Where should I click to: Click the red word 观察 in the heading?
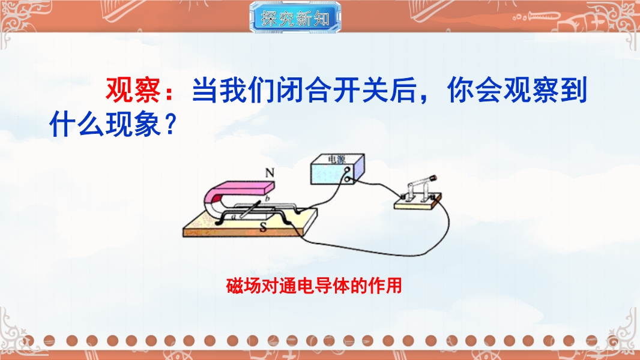133,89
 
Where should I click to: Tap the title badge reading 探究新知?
295,17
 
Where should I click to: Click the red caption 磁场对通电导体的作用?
314,286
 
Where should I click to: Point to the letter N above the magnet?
270,173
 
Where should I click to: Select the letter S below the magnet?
264,227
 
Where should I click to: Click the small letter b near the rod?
268,199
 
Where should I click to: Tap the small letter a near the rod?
234,217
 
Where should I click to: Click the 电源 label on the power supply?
336,159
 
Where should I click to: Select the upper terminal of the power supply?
348,170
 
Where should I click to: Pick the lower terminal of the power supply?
348,179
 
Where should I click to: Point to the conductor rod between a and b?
250,209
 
